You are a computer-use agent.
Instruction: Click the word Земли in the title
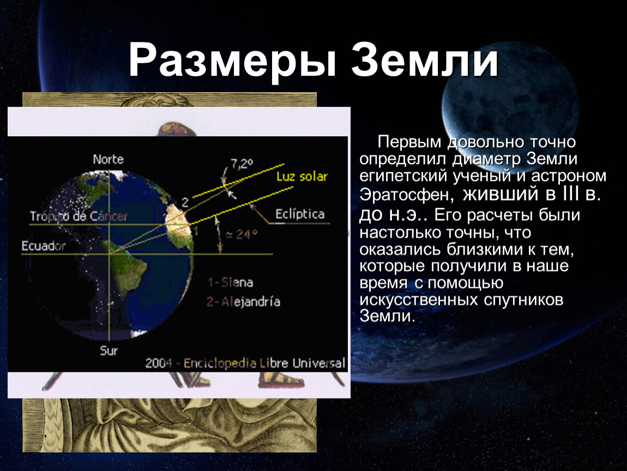click(425, 61)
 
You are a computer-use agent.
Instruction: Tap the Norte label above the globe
click(108, 159)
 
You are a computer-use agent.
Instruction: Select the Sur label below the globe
click(108, 351)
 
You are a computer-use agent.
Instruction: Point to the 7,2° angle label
click(242, 163)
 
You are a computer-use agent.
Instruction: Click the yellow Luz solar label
click(302, 176)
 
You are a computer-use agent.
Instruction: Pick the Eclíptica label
click(300, 214)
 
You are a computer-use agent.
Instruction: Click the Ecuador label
click(44, 245)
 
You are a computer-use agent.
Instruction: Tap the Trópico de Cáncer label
click(79, 216)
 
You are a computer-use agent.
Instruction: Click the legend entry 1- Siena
click(230, 282)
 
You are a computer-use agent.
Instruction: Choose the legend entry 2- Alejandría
click(243, 301)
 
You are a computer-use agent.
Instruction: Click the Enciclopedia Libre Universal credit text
click(264, 363)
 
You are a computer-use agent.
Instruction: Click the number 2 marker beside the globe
click(185, 202)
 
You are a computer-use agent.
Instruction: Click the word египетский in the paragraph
click(401, 177)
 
